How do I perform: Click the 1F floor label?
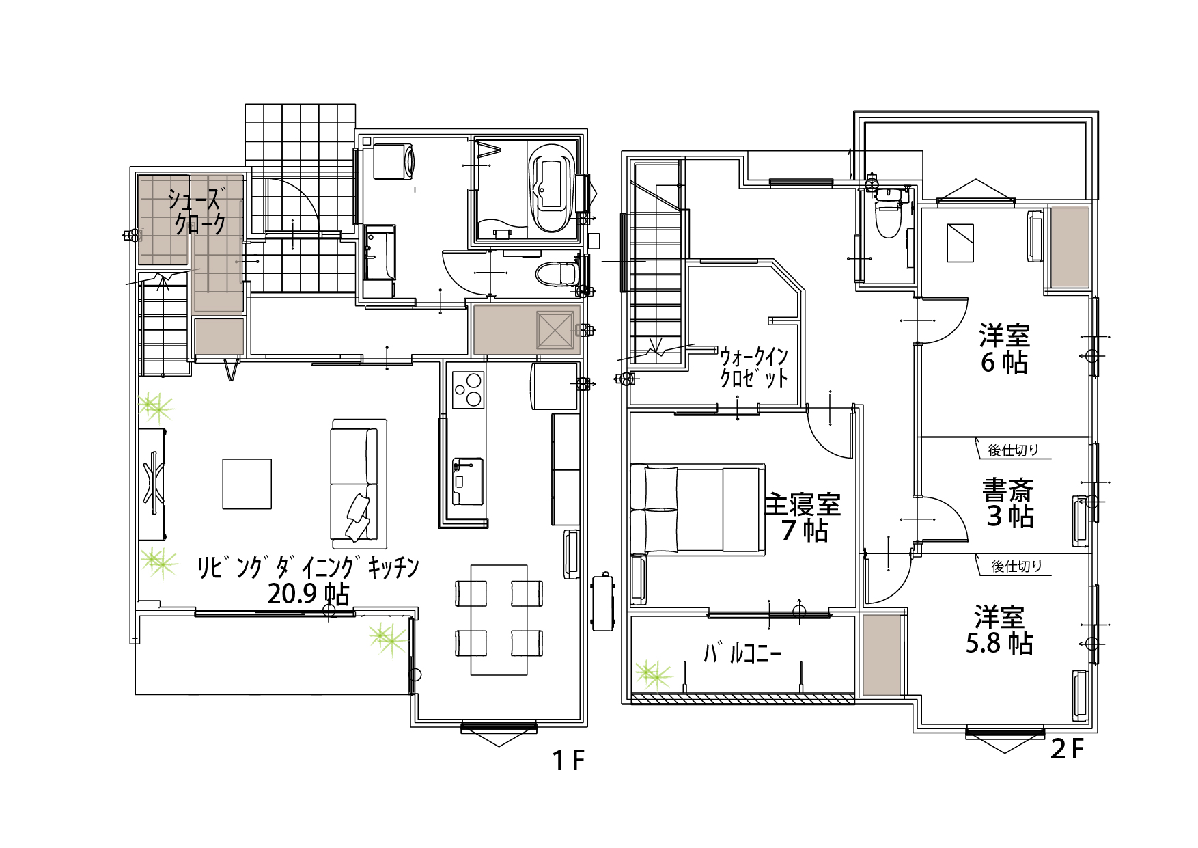[x=568, y=760]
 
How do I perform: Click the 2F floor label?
[x=1068, y=749]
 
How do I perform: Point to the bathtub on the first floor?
[x=551, y=188]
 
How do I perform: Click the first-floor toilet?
[x=557, y=274]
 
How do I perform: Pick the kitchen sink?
[x=468, y=481]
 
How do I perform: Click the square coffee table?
[x=247, y=484]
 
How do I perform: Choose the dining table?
[x=499, y=620]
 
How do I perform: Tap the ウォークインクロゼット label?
[x=754, y=368]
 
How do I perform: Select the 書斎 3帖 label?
[x=1008, y=503]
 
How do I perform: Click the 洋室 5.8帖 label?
[x=999, y=630]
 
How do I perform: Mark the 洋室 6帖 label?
[x=1004, y=349]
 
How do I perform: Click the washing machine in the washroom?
[x=393, y=161]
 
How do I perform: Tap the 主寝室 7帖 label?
[x=803, y=517]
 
